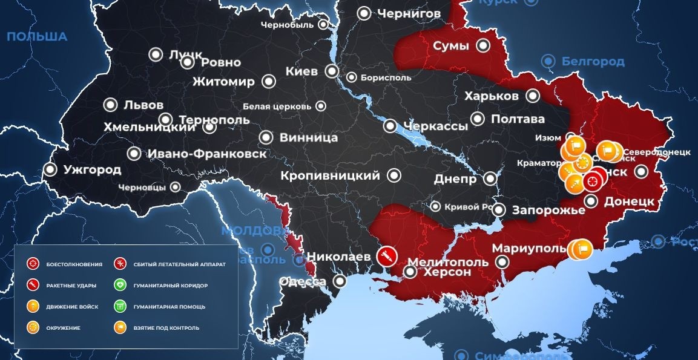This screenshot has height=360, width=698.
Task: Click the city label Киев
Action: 301,71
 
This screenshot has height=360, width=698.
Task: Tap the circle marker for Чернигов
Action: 364,13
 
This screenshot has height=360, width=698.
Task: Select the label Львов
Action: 143,105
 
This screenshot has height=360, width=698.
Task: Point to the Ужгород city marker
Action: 50,169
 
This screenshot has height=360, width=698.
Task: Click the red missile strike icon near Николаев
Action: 384,255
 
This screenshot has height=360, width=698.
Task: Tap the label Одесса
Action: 303,281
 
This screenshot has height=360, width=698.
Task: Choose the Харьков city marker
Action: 533,96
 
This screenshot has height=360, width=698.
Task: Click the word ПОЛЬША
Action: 37,37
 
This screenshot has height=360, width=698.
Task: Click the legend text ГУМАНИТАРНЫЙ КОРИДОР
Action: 170,286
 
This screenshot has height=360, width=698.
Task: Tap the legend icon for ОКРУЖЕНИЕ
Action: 32,327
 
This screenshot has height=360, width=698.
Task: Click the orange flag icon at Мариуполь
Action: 582,248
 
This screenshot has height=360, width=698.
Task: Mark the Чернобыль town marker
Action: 323,25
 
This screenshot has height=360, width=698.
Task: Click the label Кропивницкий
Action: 331,175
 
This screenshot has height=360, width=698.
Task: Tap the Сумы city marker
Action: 482,45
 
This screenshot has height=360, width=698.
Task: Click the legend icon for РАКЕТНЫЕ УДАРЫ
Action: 32,285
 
